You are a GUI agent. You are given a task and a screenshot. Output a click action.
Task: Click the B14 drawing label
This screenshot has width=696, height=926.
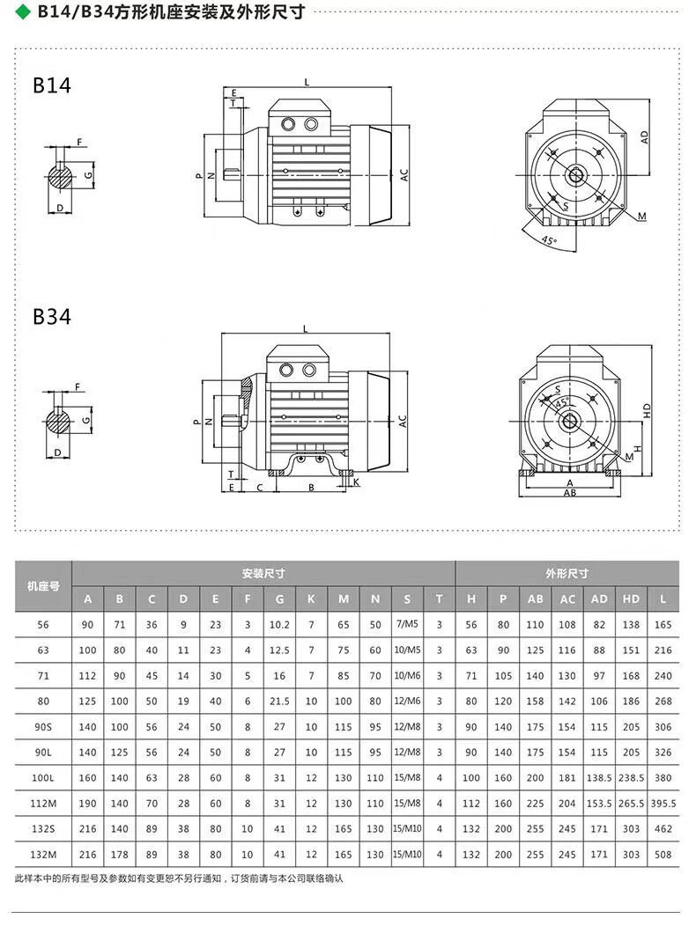(52, 85)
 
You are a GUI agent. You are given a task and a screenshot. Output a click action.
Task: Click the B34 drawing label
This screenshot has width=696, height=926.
(52, 317)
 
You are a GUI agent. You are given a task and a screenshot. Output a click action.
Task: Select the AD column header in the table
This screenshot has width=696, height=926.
(599, 599)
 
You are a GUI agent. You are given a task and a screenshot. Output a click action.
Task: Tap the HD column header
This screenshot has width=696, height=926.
(631, 599)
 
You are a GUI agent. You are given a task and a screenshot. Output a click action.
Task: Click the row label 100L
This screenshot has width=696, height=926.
(43, 778)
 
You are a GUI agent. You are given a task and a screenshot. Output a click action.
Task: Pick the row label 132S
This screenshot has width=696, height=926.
(43, 829)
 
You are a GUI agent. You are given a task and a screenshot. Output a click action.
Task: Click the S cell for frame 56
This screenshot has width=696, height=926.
(407, 624)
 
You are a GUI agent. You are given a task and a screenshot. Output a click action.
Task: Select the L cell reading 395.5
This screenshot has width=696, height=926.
(663, 804)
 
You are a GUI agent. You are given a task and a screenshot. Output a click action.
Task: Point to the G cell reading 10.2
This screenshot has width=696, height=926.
(279, 625)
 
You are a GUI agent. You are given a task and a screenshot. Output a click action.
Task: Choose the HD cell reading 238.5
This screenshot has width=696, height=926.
(631, 778)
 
